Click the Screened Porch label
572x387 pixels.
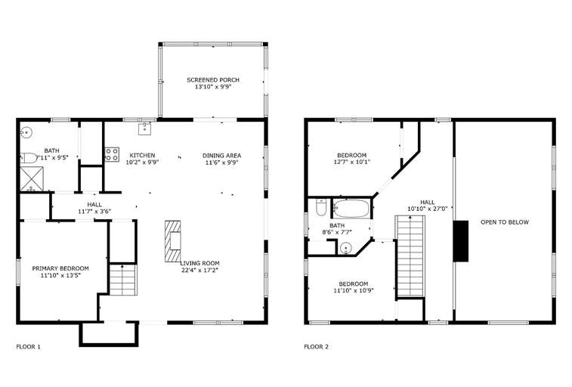tap(213, 80)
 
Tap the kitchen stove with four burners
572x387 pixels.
tap(112, 154)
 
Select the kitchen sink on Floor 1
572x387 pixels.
tap(145, 128)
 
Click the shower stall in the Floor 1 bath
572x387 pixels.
tap(32, 178)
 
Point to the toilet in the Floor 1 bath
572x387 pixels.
tap(28, 158)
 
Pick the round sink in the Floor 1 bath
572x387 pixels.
tap(26, 132)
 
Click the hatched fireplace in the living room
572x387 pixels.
tap(172, 241)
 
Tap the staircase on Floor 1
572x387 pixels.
tap(123, 280)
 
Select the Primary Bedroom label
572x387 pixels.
tap(60, 268)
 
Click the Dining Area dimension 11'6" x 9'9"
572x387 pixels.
tap(222, 163)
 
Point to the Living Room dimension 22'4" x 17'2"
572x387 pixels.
tap(199, 271)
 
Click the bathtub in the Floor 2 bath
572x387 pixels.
tap(351, 209)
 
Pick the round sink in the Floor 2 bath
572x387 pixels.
tap(345, 249)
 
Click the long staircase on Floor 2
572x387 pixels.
tap(410, 256)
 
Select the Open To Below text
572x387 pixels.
tap(505, 222)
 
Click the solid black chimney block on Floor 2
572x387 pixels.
tap(461, 241)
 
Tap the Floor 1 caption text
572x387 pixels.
tap(29, 347)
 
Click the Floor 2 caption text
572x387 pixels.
tap(317, 347)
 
